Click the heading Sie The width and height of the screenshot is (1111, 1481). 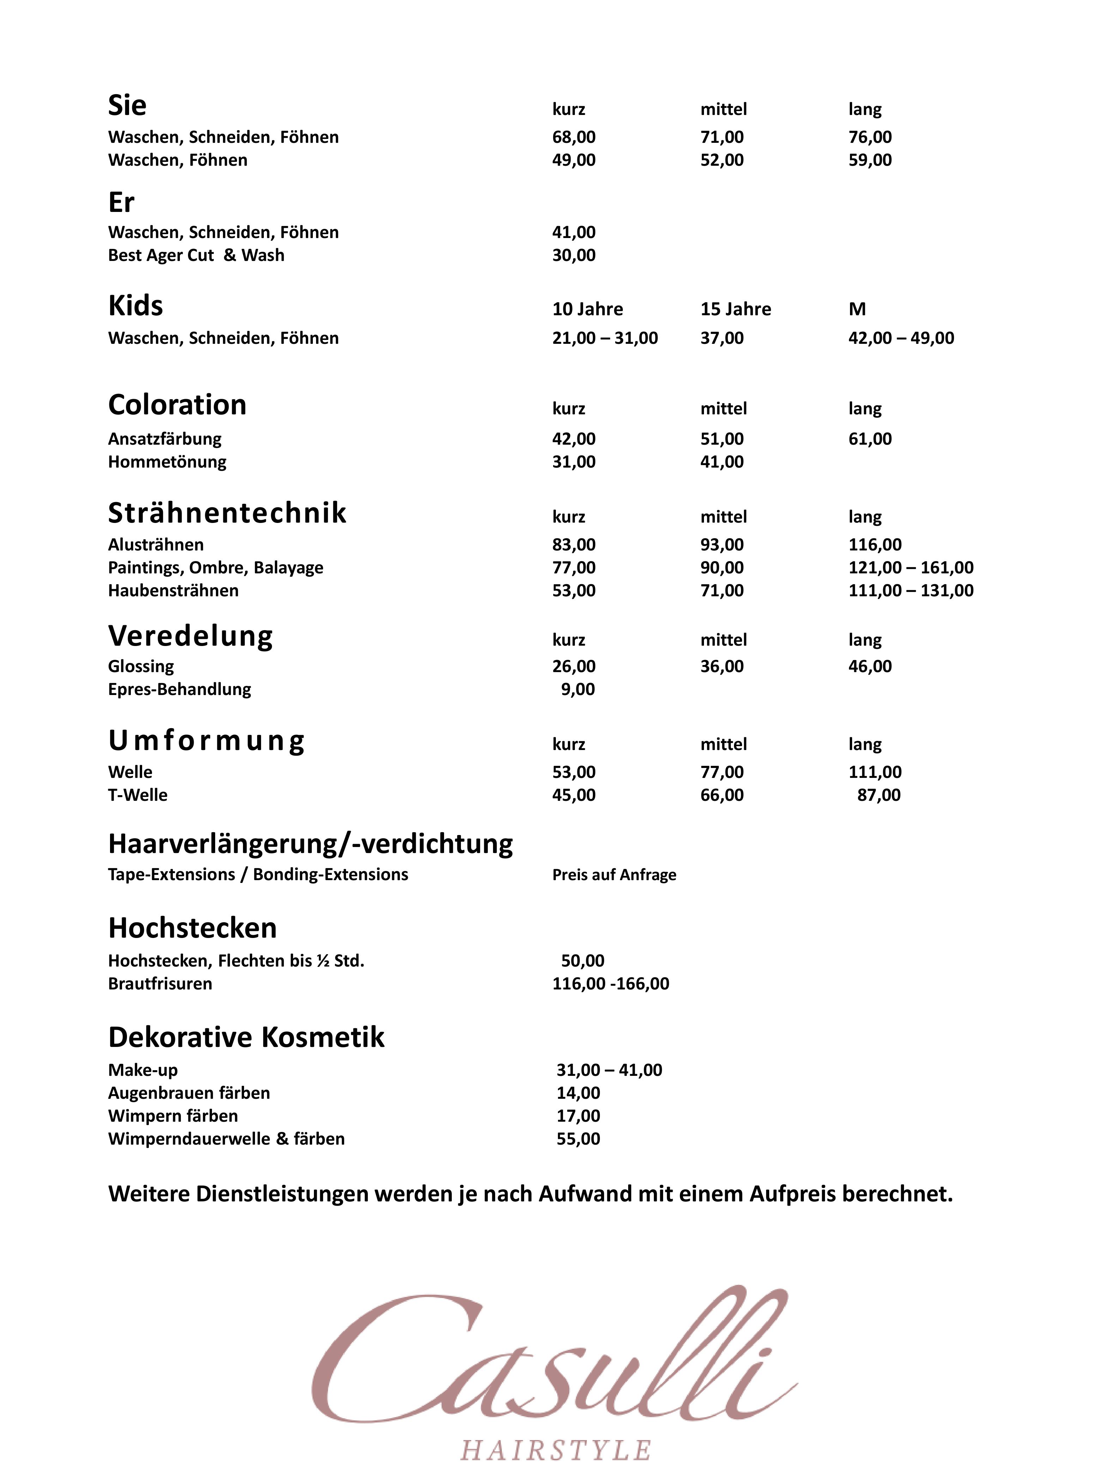pyautogui.click(x=127, y=106)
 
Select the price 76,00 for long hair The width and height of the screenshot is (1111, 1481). pyautogui.click(x=869, y=137)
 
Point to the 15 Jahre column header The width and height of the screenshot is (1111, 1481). pyautogui.click(x=735, y=309)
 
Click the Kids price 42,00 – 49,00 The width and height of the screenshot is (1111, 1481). pyautogui.click(x=901, y=338)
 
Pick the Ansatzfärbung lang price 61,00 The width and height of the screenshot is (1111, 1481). pyautogui.click(x=869, y=439)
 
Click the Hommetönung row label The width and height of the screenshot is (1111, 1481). pyautogui.click(x=167, y=462)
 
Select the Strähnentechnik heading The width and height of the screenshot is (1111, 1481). pyautogui.click(x=227, y=513)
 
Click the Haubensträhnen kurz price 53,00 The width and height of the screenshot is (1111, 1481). pyautogui.click(x=573, y=591)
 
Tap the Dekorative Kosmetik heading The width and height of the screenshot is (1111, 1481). pyautogui.click(x=246, y=1037)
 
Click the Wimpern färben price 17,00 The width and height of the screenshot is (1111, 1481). pyautogui.click(x=578, y=1116)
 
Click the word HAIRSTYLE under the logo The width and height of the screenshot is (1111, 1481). pyautogui.click(x=555, y=1451)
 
